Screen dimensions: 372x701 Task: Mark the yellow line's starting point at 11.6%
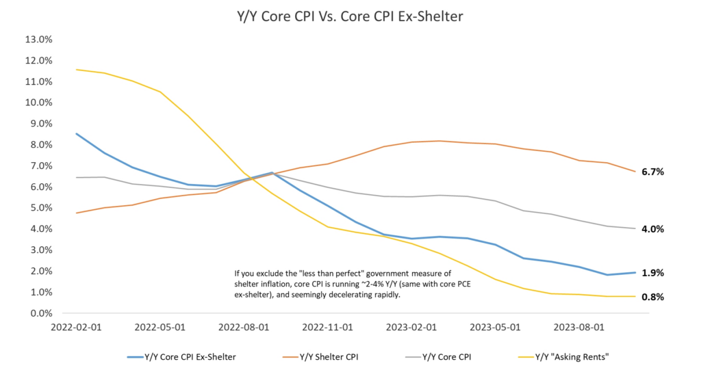(76, 70)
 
